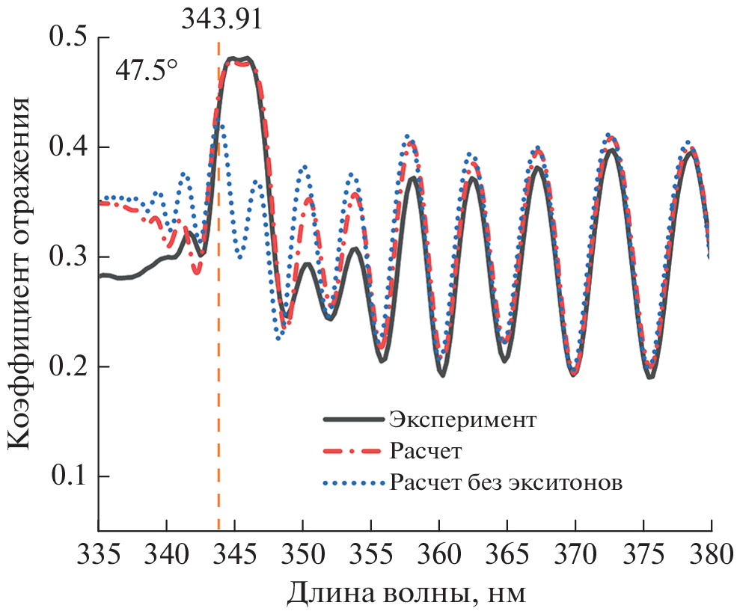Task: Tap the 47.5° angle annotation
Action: pos(147,72)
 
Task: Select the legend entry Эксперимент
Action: pos(462,419)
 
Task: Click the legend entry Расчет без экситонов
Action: pos(505,482)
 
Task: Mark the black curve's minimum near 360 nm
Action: pos(443,375)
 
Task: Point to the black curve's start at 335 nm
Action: pos(100,276)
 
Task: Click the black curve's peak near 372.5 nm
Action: pos(612,150)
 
